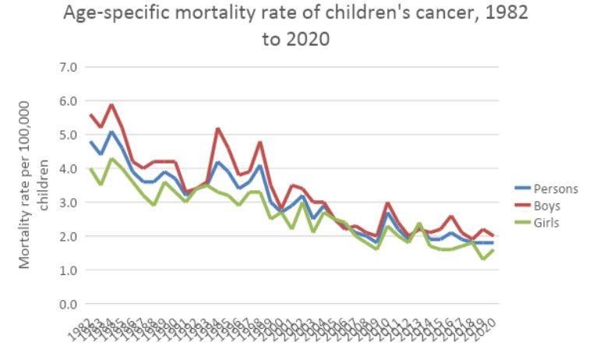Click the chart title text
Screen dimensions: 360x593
tap(298, 25)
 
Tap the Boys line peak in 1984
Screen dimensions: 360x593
tap(111, 104)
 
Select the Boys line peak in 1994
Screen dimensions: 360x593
tap(217, 129)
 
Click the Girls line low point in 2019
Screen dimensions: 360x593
tap(483, 259)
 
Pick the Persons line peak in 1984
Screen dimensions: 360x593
tap(111, 132)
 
